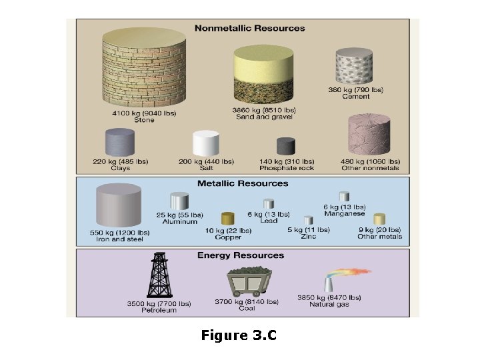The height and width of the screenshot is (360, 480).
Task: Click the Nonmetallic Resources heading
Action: [249, 28]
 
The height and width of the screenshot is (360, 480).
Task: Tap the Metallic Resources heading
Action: [243, 183]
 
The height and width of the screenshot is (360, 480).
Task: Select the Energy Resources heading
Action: [240, 255]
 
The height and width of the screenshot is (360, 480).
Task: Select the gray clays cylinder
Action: [120, 143]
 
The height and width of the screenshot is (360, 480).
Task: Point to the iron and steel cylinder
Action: [119, 206]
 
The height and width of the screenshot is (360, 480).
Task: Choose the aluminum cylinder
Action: [180, 201]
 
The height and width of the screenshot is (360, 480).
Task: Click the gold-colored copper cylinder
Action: [228, 219]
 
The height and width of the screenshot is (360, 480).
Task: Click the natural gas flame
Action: [350, 275]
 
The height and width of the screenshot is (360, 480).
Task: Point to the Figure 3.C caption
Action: [239, 335]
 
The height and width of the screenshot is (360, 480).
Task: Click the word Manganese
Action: [344, 214]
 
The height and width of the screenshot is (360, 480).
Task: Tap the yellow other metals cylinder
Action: [379, 219]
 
